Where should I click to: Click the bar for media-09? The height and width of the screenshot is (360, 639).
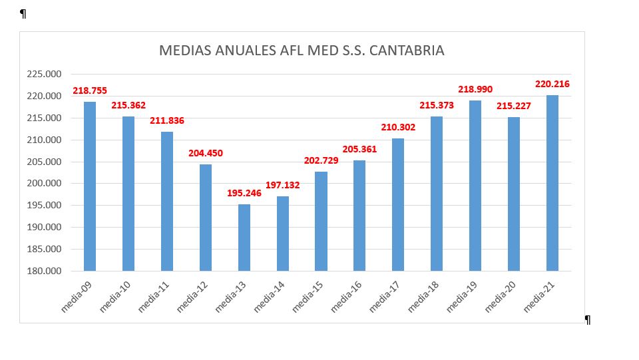[x=90, y=186]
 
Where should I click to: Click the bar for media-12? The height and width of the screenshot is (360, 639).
[x=206, y=217]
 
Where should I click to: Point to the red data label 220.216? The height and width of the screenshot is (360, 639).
[x=552, y=84]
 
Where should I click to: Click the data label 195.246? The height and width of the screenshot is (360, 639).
[x=244, y=193]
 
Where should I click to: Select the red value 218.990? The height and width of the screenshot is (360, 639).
[x=475, y=89]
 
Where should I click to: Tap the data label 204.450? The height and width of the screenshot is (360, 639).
[x=206, y=152]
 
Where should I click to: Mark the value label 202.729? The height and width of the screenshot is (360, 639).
[x=321, y=160]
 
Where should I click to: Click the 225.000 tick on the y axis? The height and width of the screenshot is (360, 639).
[x=43, y=75]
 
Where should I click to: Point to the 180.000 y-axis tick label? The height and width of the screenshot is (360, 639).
[x=43, y=271]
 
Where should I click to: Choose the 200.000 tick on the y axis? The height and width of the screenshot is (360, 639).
[x=43, y=184]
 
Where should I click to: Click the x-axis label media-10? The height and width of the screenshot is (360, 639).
[x=116, y=296]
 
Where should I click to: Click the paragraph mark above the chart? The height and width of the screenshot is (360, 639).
[x=23, y=13]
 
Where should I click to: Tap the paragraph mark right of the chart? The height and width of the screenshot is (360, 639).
[x=588, y=319]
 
